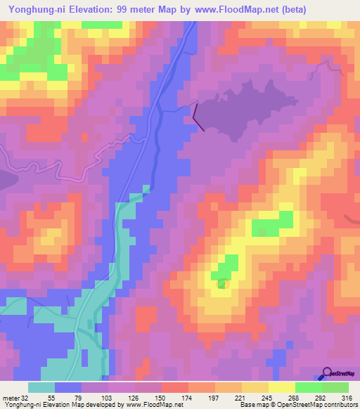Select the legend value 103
(108, 397)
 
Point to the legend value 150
(162, 397)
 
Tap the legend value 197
(215, 397)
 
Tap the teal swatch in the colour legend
(41, 387)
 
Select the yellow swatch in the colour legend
(282, 387)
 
